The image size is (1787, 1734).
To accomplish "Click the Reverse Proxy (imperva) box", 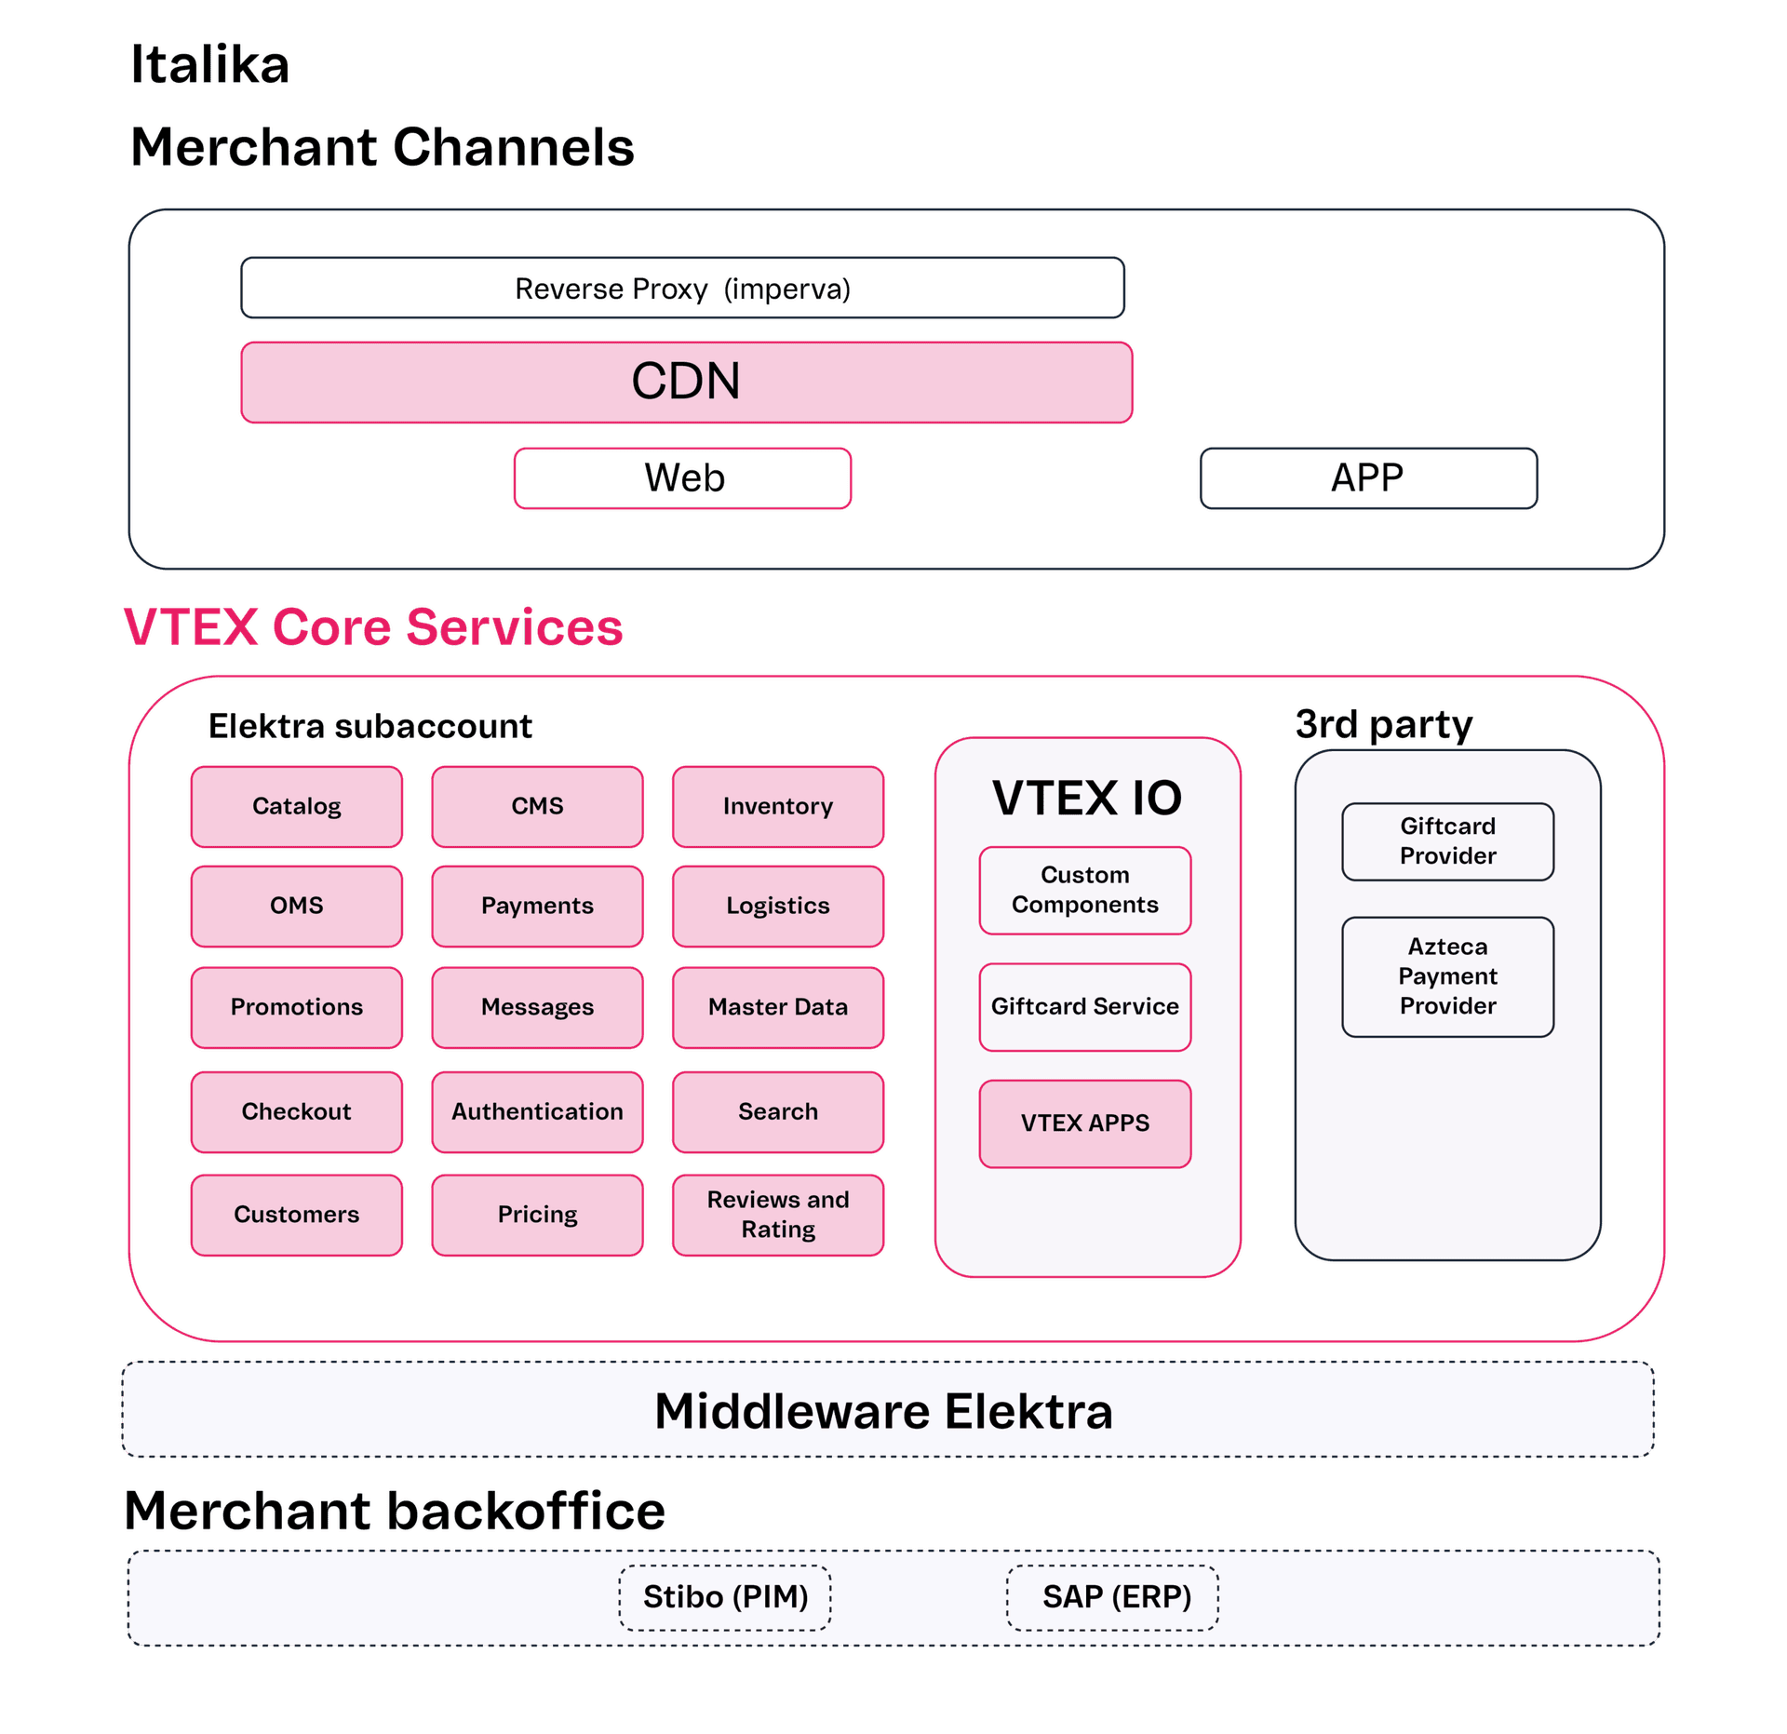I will pos(682,289).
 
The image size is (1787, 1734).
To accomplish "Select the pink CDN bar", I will pos(686,382).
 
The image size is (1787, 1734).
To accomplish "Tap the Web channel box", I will pos(682,478).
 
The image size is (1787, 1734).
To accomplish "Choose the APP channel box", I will pos(1367,478).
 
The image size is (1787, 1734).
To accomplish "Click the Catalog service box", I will pos(296,806).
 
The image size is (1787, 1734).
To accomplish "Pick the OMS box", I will pos(296,906).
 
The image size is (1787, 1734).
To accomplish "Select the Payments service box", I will pos(537,906).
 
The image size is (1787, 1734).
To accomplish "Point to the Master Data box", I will pos(777,1007).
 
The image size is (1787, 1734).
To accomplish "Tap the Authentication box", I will pos(537,1111).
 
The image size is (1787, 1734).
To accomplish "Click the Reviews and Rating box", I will pos(777,1215).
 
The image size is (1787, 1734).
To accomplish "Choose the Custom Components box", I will pos(1084,890).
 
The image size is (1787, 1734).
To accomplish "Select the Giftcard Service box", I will pos(1084,1006).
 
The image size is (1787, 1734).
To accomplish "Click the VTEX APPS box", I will pos(1084,1123).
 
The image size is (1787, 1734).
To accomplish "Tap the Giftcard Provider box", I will pos(1447,841).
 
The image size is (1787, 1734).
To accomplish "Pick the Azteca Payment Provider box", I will pos(1447,976).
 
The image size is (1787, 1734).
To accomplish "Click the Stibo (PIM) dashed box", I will pos(725,1597).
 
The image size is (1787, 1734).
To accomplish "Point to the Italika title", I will pos(210,65).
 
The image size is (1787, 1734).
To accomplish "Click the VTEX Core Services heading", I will pos(373,626).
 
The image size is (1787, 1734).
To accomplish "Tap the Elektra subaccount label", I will pos(370,726).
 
